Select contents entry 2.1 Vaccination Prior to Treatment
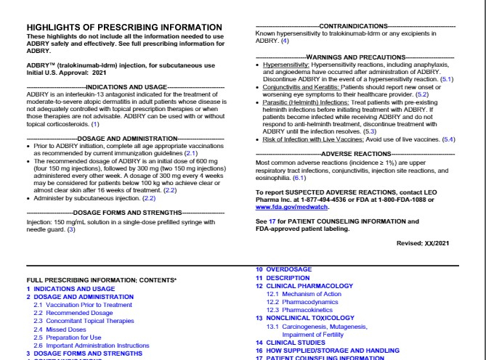pos(77,304)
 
